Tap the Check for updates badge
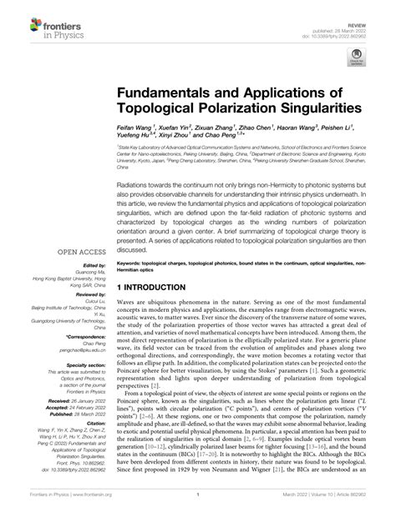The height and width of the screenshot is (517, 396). [357, 58]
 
